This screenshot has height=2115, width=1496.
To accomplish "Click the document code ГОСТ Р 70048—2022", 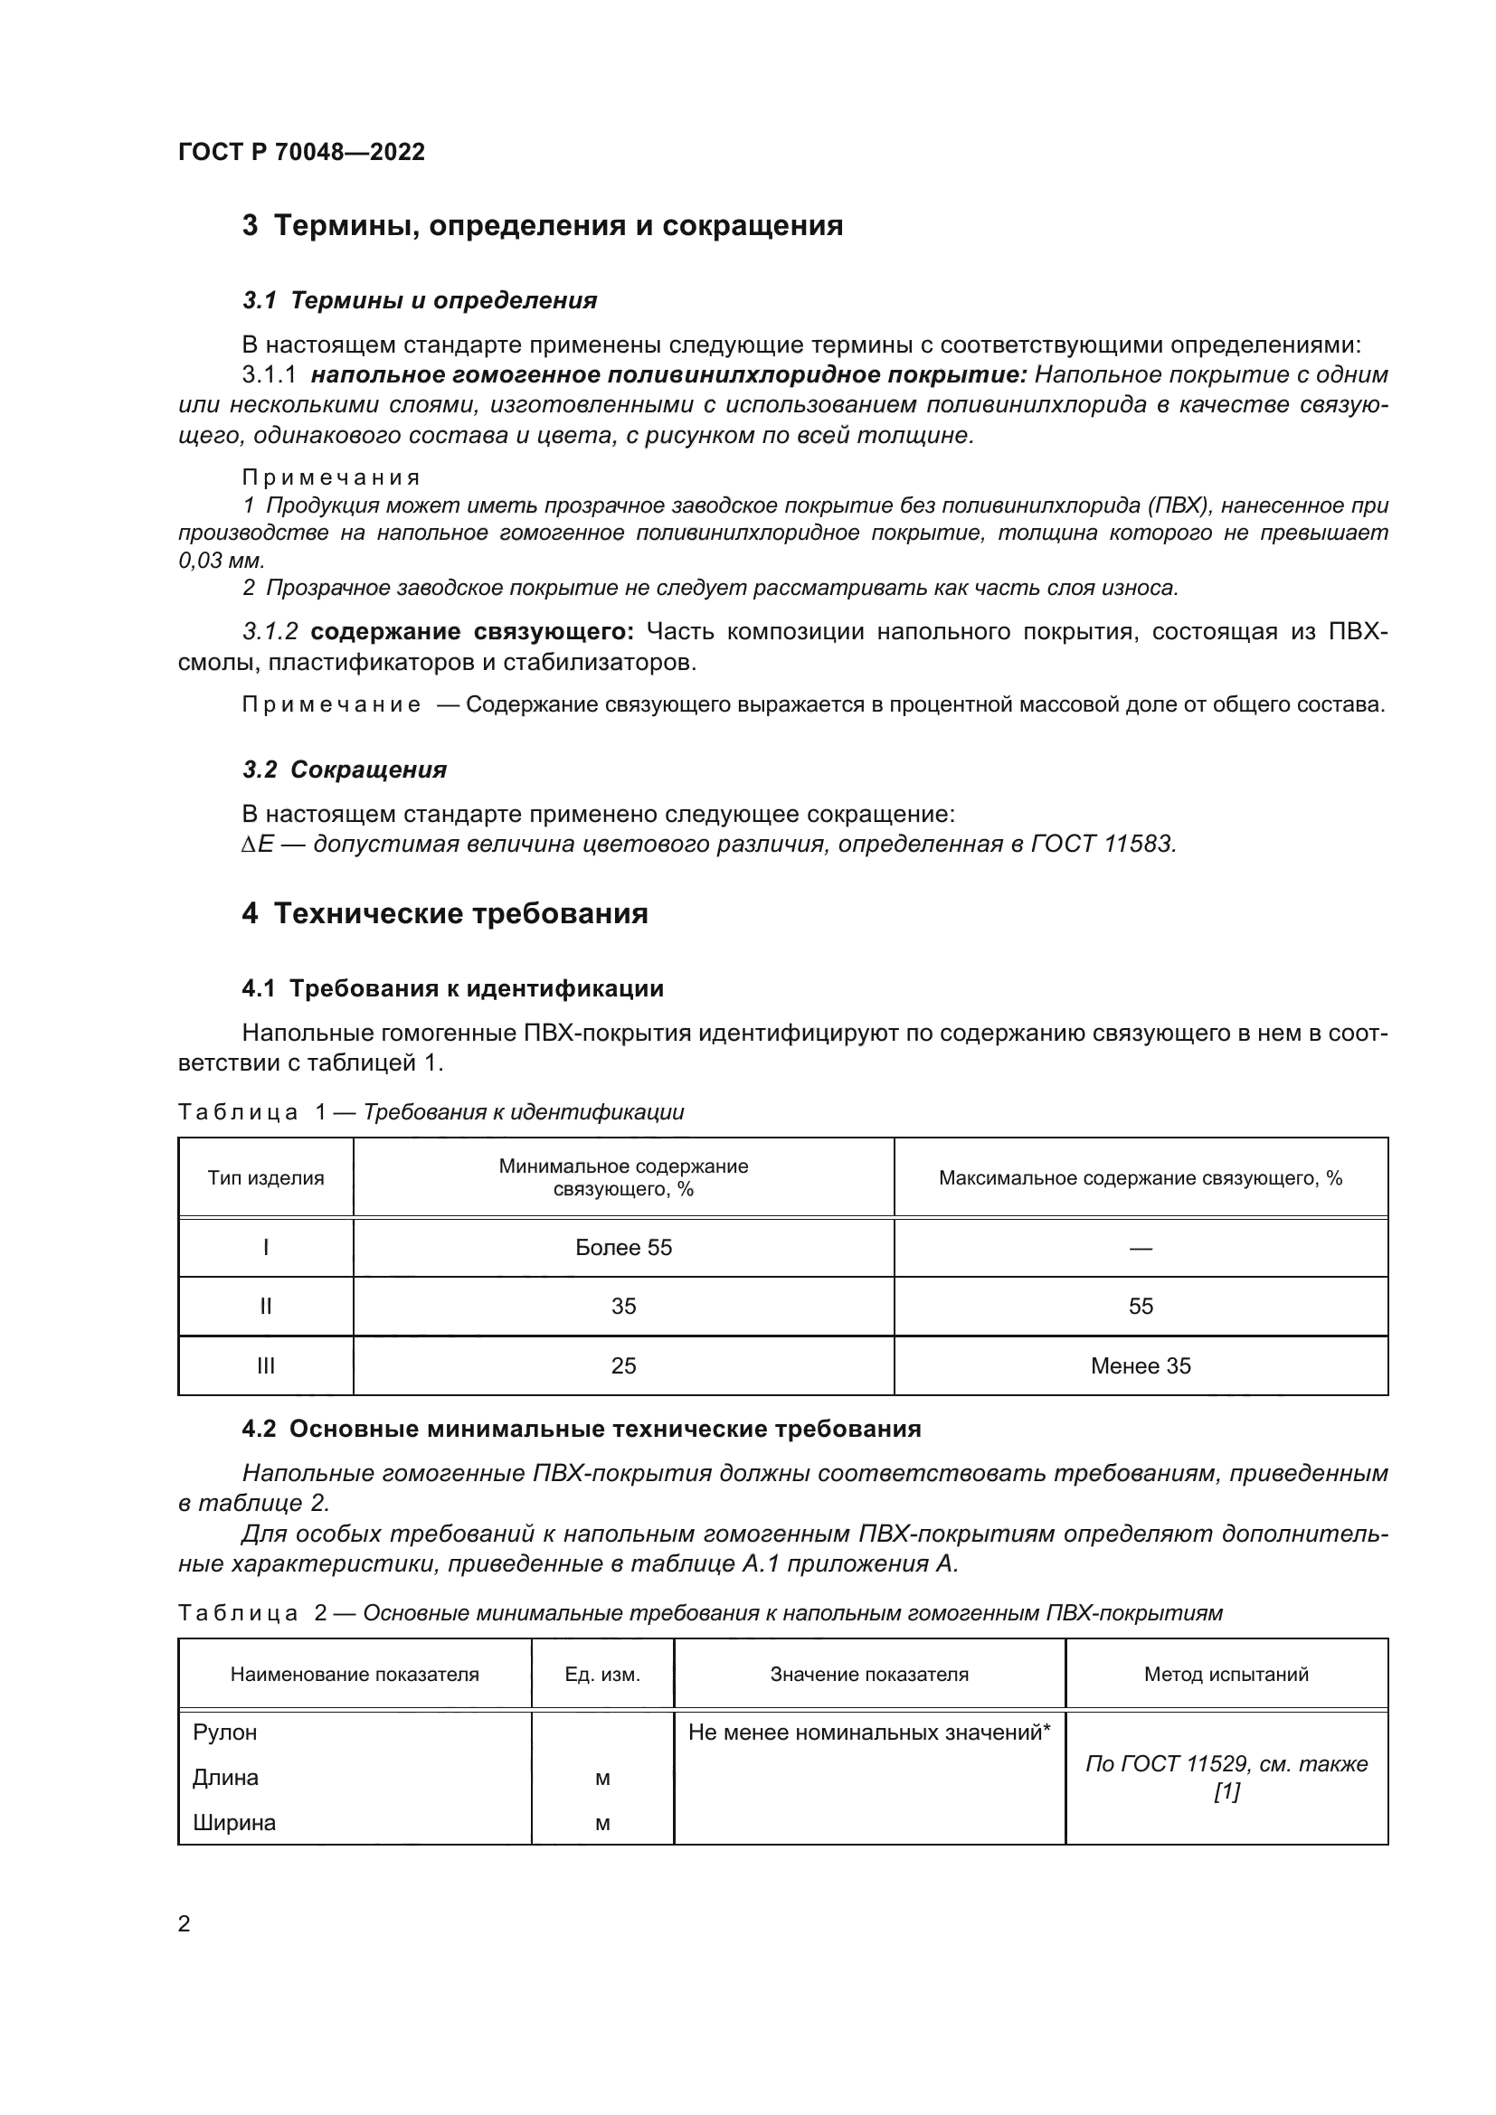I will click(x=301, y=153).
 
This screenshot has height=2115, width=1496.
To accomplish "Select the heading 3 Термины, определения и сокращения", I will click(x=542, y=226).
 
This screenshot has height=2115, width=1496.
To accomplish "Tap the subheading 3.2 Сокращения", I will click(x=345, y=770).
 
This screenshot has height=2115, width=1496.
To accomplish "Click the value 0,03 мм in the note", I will click(x=221, y=560).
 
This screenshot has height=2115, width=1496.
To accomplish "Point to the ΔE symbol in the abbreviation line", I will click(x=258, y=845).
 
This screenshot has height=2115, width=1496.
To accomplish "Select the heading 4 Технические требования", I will click(x=445, y=914).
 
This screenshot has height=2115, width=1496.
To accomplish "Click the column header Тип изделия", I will click(x=265, y=1178).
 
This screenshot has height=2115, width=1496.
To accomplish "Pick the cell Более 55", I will click(x=624, y=1248).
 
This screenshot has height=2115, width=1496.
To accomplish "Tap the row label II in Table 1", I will click(x=265, y=1307).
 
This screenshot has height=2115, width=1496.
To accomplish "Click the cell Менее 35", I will click(x=1141, y=1366).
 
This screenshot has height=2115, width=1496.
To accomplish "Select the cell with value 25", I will click(x=624, y=1366).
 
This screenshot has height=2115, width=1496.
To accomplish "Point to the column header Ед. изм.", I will click(x=602, y=1675).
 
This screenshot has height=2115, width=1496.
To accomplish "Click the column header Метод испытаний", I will click(x=1226, y=1675).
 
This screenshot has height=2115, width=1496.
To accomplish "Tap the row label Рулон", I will click(x=225, y=1733).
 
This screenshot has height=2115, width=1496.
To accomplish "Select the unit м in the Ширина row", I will click(x=602, y=1824).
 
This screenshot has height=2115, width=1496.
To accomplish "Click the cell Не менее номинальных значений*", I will click(x=868, y=1733).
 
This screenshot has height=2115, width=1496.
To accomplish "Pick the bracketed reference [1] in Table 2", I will click(x=1226, y=1792).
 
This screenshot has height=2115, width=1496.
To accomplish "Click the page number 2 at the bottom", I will click(x=185, y=1924).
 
